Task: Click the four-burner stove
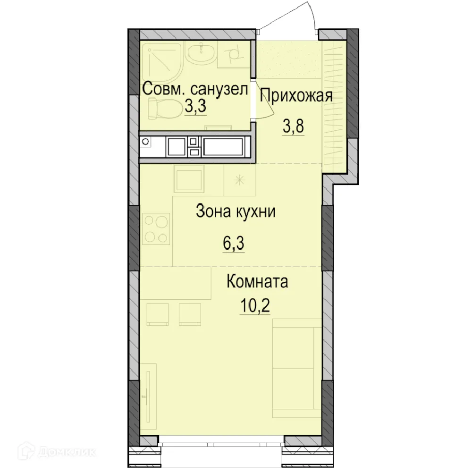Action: [156, 229]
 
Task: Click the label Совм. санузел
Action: [195, 89]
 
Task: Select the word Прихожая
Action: [296, 95]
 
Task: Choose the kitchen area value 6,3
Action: [234, 244]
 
